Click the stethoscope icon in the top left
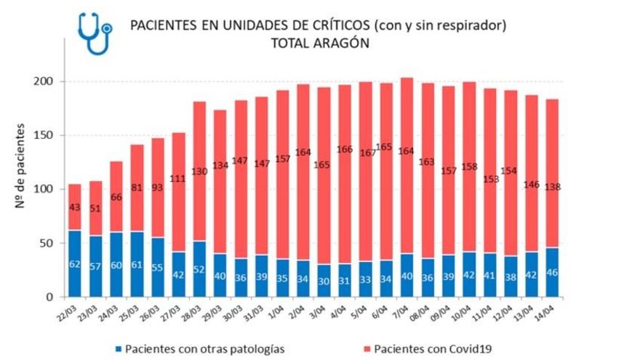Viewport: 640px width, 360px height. tap(95, 33)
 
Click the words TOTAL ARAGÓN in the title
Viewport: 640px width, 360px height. tap(319, 44)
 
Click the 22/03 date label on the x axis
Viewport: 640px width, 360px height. tap(69, 310)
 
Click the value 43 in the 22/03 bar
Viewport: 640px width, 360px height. tap(75, 207)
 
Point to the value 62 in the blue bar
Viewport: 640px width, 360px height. tap(75, 265)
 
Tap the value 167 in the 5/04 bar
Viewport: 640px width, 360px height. tap(366, 154)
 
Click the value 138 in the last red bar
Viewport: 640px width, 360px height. tap(553, 188)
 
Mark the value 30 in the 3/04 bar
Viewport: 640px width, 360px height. tap(324, 281)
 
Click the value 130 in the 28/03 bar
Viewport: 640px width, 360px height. tap(199, 171)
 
